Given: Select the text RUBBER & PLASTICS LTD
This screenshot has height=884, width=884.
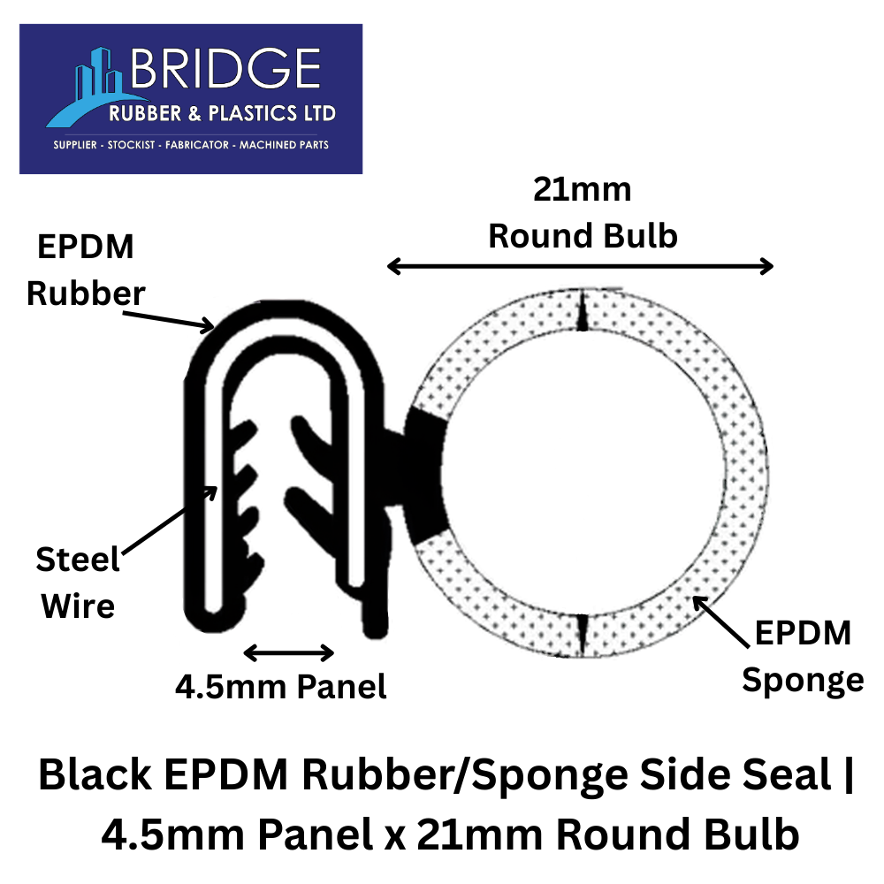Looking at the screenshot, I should (x=221, y=114).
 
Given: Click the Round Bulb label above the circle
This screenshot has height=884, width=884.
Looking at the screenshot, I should (x=583, y=236).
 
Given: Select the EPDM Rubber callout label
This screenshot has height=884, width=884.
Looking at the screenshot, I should (x=84, y=271).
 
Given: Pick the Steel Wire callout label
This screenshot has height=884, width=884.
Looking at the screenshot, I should (x=78, y=583).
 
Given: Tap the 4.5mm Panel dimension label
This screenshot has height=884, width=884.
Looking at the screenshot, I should (x=281, y=687).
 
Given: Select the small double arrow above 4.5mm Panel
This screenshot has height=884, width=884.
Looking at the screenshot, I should (x=288, y=653).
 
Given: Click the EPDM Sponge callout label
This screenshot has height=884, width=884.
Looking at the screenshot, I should (x=802, y=656).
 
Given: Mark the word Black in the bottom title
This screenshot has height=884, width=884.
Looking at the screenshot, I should (x=94, y=775).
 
